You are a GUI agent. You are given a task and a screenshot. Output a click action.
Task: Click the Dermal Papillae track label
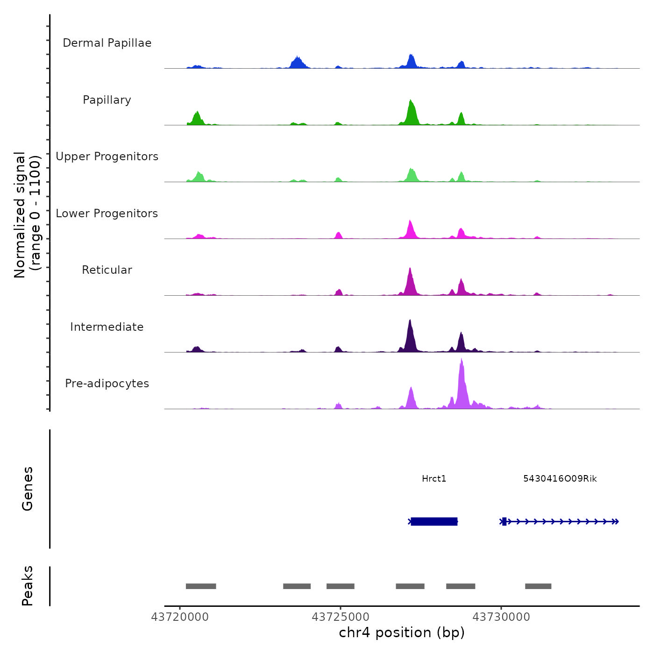coord(107,43)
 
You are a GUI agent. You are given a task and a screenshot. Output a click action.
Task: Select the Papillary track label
coord(107,100)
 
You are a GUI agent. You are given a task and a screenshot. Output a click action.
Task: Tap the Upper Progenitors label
coord(107,156)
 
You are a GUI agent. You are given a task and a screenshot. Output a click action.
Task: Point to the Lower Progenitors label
coord(107,213)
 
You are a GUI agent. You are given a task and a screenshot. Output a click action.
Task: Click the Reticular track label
coord(107,270)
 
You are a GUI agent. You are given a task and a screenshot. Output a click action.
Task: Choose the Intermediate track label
coord(107,327)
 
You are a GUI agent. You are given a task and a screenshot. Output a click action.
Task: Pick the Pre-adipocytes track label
coord(107,384)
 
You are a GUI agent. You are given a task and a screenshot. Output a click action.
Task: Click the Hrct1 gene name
coord(434,478)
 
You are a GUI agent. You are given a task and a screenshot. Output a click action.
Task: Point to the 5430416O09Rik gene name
coord(560,478)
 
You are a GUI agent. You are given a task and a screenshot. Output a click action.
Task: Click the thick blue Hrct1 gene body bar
coord(434,521)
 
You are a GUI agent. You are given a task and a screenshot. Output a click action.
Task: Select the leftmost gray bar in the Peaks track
coord(201,586)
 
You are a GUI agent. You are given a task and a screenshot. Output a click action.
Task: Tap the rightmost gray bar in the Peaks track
coord(538,586)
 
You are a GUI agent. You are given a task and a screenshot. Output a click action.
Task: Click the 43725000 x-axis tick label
coord(341,617)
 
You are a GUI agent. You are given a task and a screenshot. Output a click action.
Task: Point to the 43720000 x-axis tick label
coord(180,617)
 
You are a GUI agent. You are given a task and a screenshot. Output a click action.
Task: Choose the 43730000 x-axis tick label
coord(501,617)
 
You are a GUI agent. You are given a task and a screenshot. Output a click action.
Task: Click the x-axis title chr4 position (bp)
coord(402,633)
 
